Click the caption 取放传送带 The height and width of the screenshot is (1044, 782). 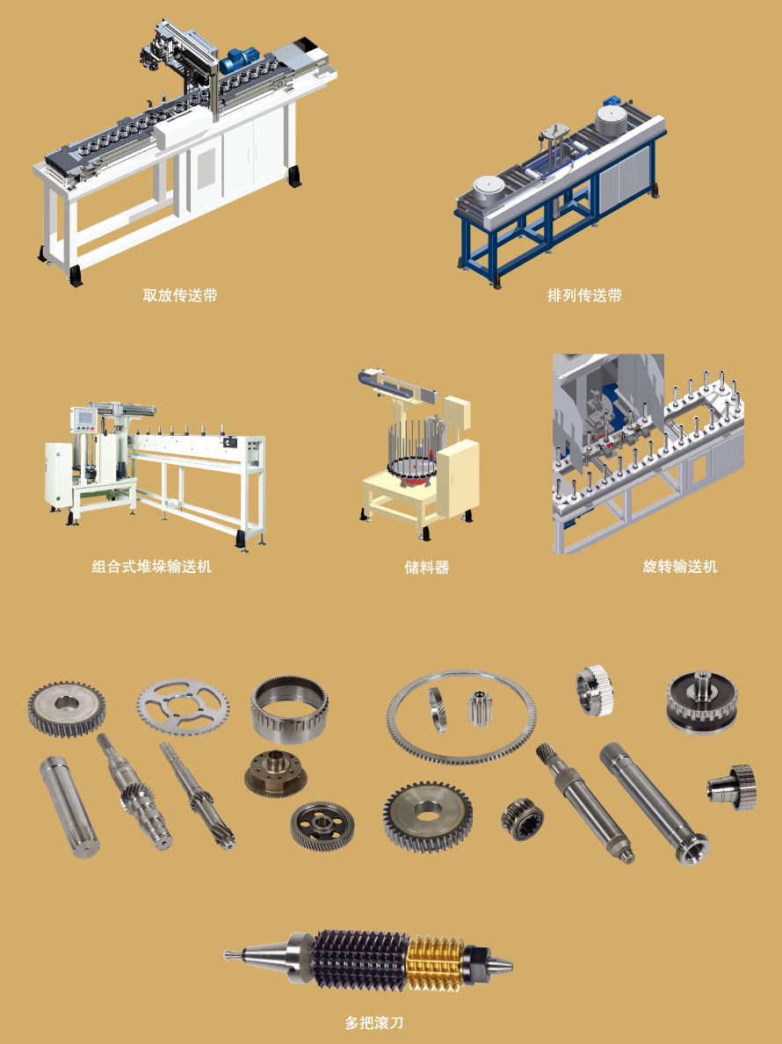(x=180, y=295)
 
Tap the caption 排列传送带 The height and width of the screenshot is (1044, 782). (x=584, y=295)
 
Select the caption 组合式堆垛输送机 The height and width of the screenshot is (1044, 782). (x=152, y=567)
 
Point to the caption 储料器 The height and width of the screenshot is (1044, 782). (x=427, y=568)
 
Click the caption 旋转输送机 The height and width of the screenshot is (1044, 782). (x=679, y=567)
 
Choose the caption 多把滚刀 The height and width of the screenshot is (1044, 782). (x=374, y=1023)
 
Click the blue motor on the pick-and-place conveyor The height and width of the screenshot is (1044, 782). (x=234, y=61)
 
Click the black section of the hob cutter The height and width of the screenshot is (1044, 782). (x=359, y=960)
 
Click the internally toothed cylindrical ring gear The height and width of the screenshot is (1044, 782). (x=289, y=710)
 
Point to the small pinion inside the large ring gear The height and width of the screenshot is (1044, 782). (x=479, y=708)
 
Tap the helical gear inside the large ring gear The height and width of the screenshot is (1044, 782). (x=438, y=710)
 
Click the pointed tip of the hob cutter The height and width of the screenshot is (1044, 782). (x=227, y=955)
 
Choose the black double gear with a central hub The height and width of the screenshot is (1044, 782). (x=702, y=702)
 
